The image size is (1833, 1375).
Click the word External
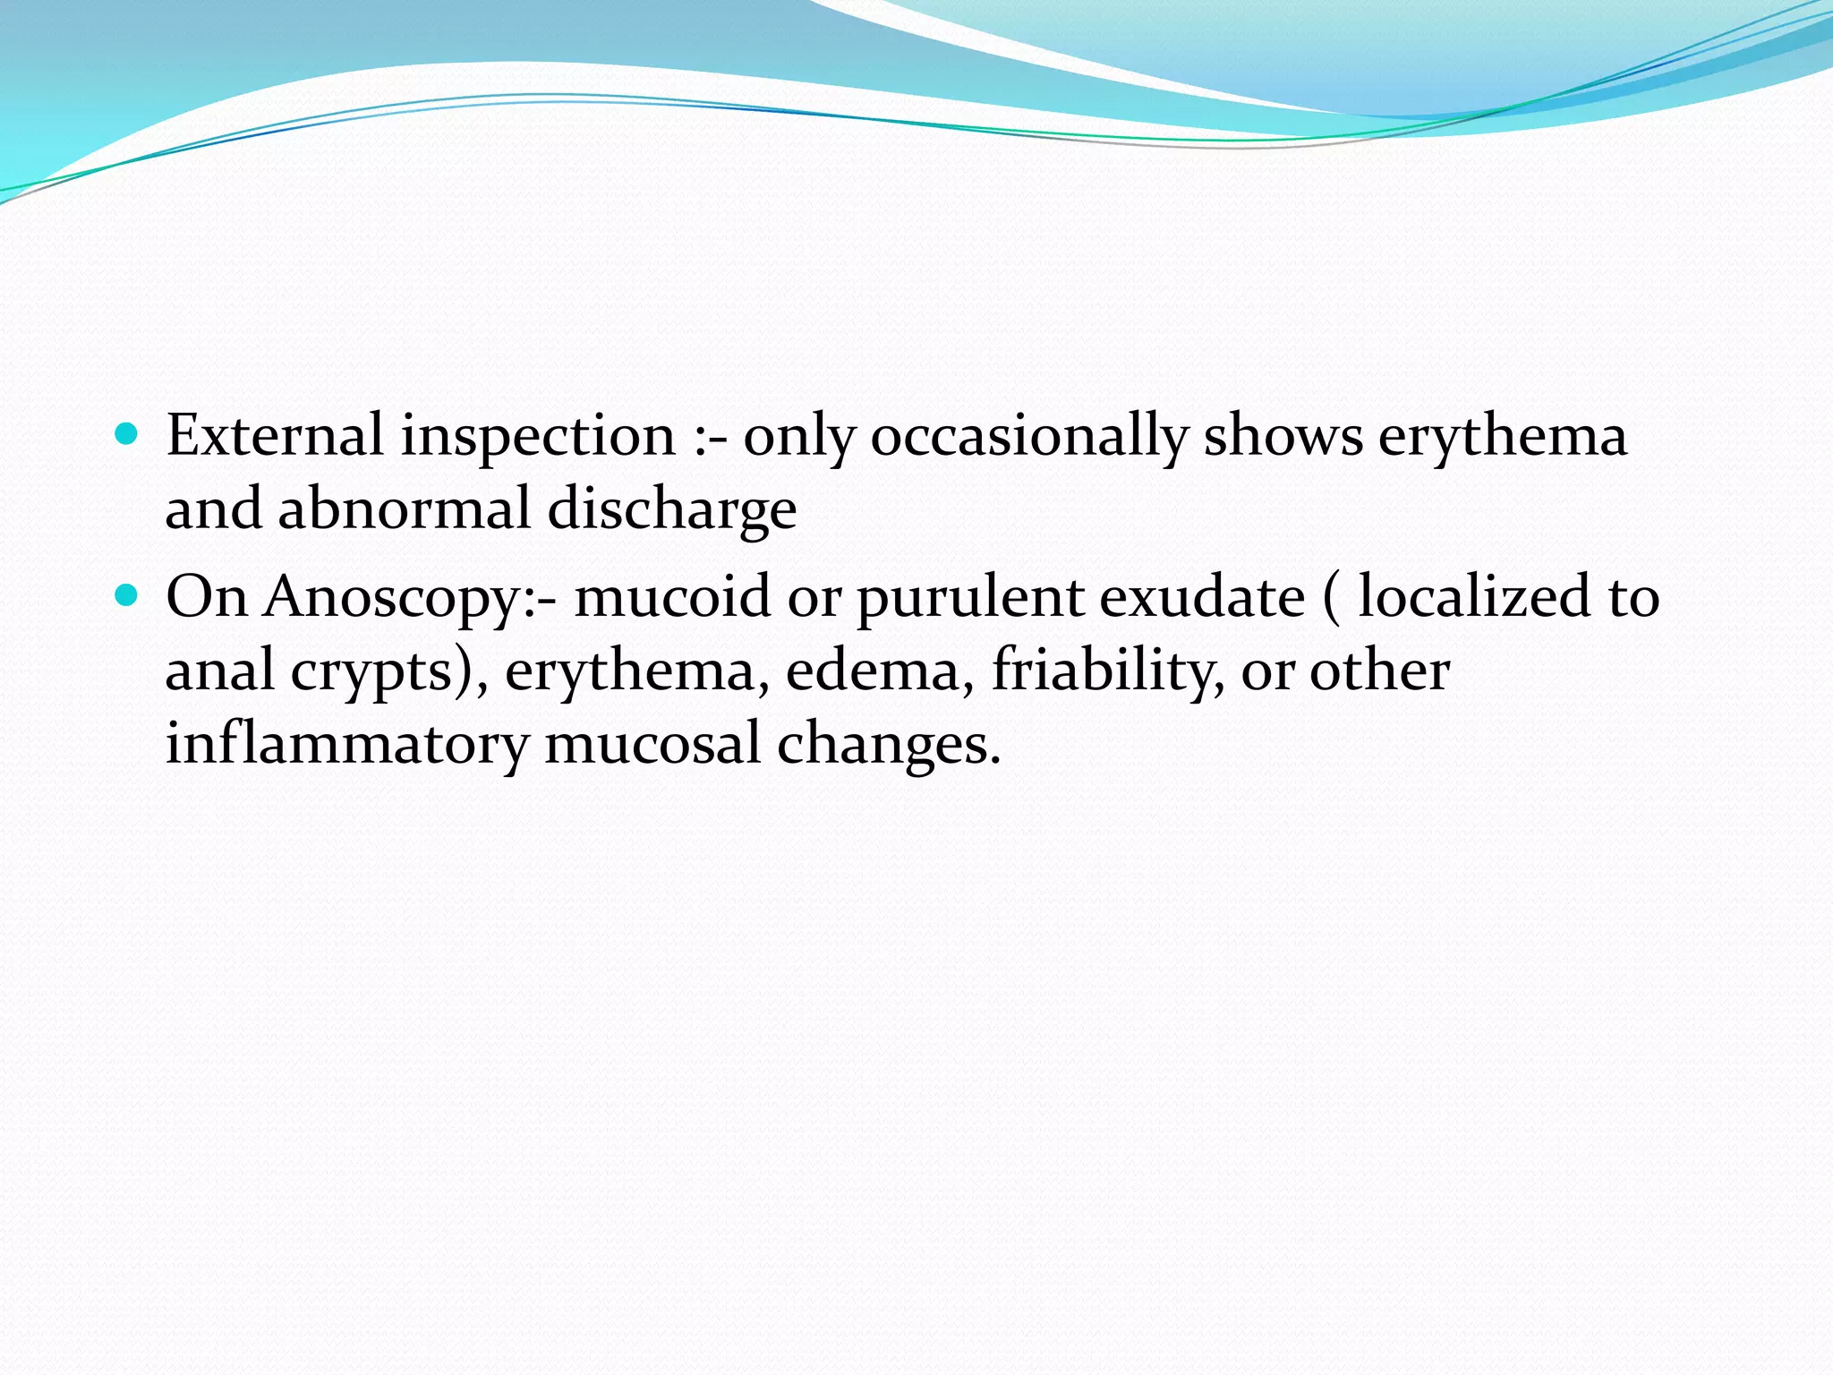pyautogui.click(x=275, y=436)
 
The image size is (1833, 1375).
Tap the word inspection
pyautogui.click(x=537, y=436)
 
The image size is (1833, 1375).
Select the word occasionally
pyautogui.click(x=1028, y=436)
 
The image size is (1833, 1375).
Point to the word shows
pyautogui.click(x=1283, y=436)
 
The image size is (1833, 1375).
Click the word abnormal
pyautogui.click(x=405, y=509)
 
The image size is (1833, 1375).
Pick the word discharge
pyautogui.click(x=671, y=509)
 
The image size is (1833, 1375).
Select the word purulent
pyautogui.click(x=970, y=597)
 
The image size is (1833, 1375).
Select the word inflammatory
pyautogui.click(x=347, y=744)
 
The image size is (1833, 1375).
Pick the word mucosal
pyautogui.click(x=652, y=744)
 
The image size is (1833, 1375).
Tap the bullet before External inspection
pyautogui.click(x=127, y=435)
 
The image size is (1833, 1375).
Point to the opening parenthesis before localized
pyautogui.click(x=1331, y=597)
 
